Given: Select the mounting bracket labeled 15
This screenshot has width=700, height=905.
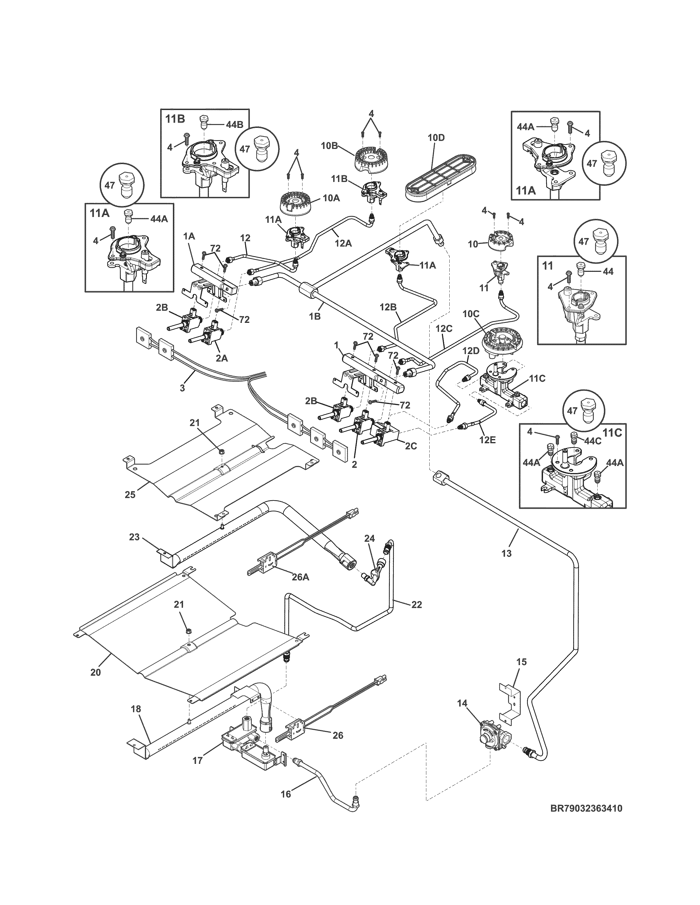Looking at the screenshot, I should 510,700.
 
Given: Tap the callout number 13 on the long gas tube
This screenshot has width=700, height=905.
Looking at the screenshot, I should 506,553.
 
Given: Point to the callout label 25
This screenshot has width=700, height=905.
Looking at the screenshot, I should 130,494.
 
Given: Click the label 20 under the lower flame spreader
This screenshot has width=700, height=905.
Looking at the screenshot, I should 95,672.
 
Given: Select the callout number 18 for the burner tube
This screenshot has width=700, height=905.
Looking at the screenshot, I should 136,709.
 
